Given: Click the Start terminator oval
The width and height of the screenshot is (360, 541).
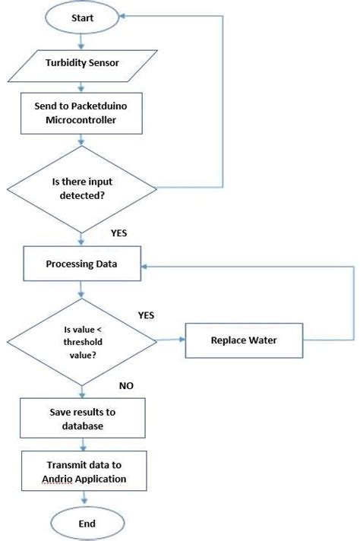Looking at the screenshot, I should [x=83, y=17].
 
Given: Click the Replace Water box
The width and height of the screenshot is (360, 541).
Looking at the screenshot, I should [x=243, y=340].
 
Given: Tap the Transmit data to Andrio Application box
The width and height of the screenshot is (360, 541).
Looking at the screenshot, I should [x=82, y=472].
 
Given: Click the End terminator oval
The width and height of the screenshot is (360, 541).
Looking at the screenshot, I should [x=83, y=524].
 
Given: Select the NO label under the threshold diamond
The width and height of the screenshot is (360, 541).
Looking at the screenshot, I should [x=125, y=386].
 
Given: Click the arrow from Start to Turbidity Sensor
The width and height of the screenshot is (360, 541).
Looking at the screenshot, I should [x=83, y=40].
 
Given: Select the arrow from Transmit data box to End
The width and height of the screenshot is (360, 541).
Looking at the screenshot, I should [x=83, y=498].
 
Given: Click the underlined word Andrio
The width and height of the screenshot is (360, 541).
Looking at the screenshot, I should [x=58, y=479].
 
